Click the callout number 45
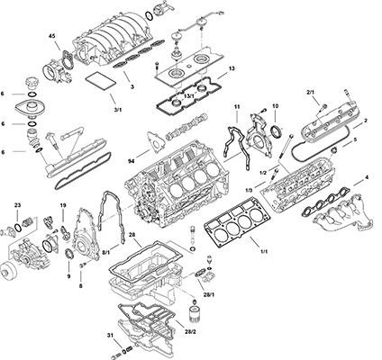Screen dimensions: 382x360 pos(52,36)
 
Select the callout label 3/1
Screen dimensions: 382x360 pos(118,110)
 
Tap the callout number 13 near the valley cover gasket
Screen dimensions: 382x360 pos(232,68)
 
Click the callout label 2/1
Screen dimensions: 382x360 pos(310,93)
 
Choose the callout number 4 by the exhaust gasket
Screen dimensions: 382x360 pos(367,177)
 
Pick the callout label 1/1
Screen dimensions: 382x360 pos(263,252)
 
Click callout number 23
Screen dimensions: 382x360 pos(17,205)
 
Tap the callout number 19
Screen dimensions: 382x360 pos(63,205)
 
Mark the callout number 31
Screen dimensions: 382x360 pos(110,335)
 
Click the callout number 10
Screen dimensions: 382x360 pos(276,106)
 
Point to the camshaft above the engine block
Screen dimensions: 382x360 pos(186,126)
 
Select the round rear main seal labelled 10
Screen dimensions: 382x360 pos(277,132)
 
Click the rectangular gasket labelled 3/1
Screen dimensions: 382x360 pos(101,81)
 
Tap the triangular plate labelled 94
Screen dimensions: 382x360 pos(156,142)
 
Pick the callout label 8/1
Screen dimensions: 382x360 pos(106,254)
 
